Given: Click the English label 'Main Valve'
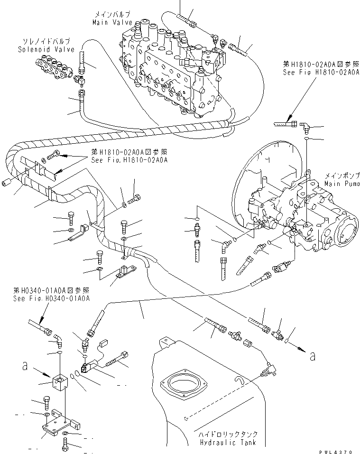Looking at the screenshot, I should [110, 21].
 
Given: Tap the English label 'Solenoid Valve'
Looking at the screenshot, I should [44, 49].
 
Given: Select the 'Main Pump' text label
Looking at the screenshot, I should [339, 183].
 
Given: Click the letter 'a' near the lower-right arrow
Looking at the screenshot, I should [312, 356].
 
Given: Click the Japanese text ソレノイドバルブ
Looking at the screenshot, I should [44, 42].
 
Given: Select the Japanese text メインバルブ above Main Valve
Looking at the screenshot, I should [110, 15].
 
